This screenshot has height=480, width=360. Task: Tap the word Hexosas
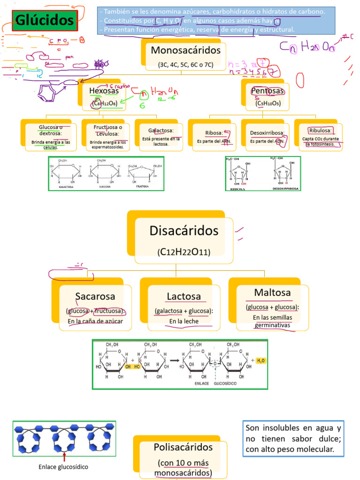click(104, 90)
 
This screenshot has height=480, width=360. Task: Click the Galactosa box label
click(161, 130)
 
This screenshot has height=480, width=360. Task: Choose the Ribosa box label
click(213, 133)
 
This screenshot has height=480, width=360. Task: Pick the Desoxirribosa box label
click(267, 133)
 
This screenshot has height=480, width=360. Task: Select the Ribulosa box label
click(320, 130)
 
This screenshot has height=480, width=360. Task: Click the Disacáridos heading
click(184, 231)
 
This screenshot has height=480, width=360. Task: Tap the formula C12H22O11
click(184, 252)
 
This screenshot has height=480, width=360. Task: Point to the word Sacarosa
click(95, 296)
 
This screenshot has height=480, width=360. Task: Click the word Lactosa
click(184, 296)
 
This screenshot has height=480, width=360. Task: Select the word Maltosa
click(272, 292)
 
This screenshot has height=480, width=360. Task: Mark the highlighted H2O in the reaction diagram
click(260, 360)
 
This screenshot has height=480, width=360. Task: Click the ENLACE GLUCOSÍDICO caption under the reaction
click(211, 382)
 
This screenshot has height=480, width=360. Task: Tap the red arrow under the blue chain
click(64, 454)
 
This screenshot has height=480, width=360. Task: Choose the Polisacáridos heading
click(183, 447)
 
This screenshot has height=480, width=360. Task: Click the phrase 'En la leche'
click(184, 321)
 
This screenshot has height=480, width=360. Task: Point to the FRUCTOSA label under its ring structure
click(142, 186)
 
